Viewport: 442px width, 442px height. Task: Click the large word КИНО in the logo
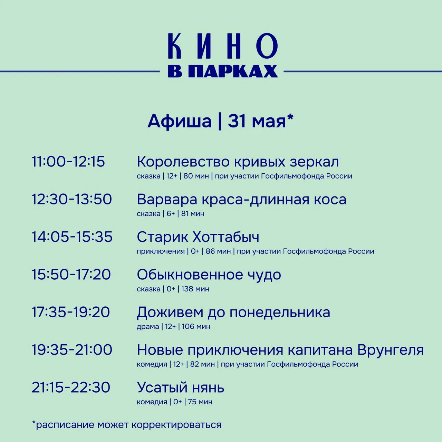223,46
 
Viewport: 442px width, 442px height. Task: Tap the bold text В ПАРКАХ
223,71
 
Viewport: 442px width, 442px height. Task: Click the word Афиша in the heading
179,121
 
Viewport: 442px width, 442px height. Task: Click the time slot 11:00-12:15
68,162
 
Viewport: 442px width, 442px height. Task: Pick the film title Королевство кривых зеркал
238,162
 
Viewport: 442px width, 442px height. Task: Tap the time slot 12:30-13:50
71,199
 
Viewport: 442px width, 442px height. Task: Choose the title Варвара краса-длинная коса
241,200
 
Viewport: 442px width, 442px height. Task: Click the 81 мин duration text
193,214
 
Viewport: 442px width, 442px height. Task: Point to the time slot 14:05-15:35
72,237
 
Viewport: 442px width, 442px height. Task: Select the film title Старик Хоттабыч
198,237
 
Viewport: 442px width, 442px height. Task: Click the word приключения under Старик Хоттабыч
161,252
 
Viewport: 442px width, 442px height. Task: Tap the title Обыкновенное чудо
209,275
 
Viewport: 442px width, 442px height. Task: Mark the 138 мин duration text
195,289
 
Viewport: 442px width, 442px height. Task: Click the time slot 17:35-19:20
71,312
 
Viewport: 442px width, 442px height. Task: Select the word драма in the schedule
148,327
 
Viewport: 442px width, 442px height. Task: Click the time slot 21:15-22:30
71,387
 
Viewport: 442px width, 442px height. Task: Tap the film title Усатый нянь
181,387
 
